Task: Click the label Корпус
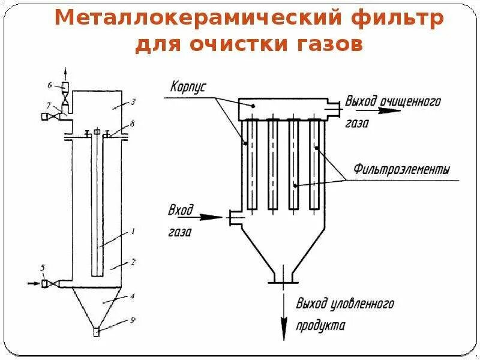187,86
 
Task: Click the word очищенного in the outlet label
415,101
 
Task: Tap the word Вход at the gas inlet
182,210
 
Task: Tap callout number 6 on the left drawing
52,85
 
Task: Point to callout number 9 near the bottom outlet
133,320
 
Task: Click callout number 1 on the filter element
133,231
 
